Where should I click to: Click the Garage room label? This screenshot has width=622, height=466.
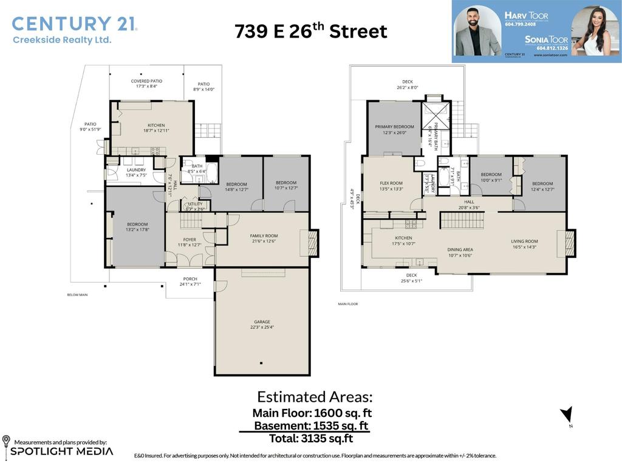[262, 322]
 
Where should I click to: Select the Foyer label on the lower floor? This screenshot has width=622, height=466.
[190, 240]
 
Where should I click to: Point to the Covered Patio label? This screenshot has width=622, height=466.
[146, 81]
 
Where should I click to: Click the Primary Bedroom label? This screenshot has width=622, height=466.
[394, 127]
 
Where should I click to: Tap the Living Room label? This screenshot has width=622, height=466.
[524, 241]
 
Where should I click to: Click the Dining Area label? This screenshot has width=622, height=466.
[460, 249]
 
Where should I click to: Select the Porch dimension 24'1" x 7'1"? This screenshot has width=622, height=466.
[190, 284]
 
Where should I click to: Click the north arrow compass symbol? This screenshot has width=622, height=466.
[566, 415]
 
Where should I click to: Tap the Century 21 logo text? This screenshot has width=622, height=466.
[74, 24]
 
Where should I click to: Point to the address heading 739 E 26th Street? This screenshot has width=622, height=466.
[310, 31]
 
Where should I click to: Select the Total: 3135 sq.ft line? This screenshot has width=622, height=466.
[310, 438]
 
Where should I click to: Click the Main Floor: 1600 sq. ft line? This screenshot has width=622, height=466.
[312, 413]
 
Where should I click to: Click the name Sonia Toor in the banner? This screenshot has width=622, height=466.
[547, 39]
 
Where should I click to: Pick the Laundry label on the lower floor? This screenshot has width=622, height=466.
[136, 170]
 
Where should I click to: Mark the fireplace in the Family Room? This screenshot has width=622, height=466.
[313, 243]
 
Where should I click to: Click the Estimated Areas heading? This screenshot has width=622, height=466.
[314, 397]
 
